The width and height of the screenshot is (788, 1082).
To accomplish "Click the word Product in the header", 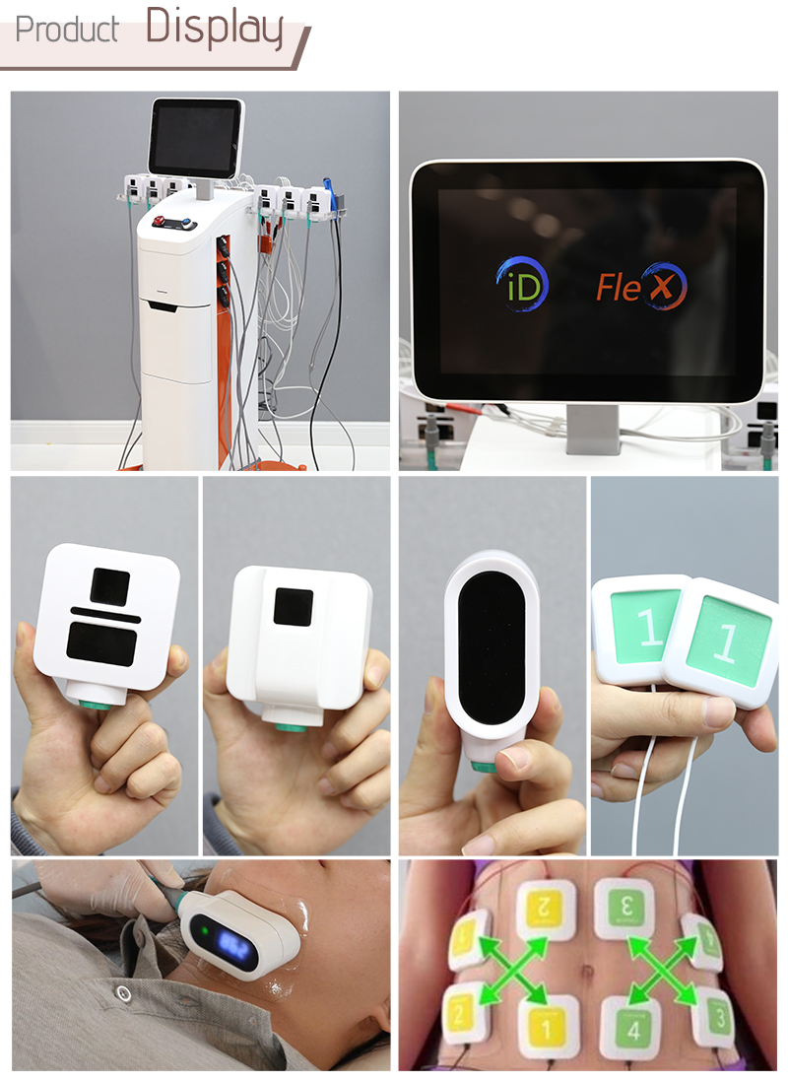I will coord(67,30).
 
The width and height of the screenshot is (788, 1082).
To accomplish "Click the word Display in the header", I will coord(215,28).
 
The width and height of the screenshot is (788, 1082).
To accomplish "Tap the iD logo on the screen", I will coord(521,285).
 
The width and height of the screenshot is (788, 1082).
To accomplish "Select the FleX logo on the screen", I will coord(640,287).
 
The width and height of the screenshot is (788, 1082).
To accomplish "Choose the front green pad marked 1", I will coord(727,642).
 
